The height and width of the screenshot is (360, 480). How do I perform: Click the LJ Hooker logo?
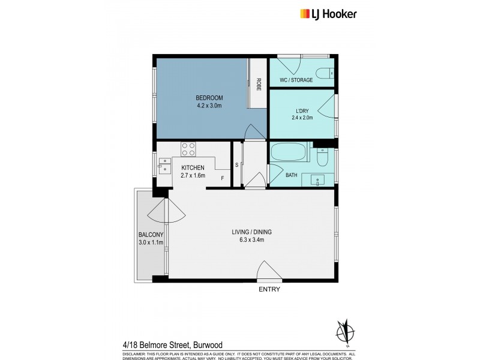326,14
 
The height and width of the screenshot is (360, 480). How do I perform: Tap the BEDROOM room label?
209,98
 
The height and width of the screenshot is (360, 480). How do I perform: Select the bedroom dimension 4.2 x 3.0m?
209,107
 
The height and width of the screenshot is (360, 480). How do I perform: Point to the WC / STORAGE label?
296,80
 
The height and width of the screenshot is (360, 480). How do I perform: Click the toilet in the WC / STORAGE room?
325,73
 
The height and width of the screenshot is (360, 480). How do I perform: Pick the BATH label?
291,175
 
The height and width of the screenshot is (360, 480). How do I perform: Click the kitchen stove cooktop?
188,148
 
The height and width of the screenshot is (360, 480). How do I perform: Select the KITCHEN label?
193,167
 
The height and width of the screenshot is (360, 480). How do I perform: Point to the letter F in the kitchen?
222,178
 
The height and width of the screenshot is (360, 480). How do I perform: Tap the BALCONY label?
151,235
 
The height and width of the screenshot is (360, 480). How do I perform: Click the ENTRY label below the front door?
269,289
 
